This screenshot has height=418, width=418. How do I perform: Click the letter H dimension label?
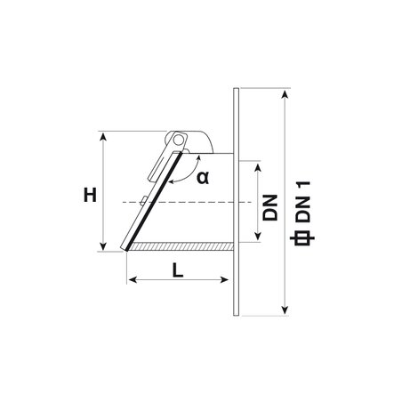point(90,196)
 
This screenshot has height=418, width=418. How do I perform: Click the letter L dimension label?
point(178,270)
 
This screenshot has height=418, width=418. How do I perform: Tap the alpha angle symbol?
point(203,178)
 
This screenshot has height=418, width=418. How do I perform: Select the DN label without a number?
point(270,207)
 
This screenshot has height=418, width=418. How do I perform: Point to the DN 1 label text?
point(302,202)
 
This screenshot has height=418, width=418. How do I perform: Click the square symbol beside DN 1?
point(302,238)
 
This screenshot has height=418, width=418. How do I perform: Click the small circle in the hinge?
point(179,140)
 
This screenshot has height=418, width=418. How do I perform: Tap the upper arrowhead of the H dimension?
point(103,136)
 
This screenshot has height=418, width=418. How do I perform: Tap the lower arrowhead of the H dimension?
point(103,246)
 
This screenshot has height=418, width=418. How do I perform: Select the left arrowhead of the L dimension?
point(133,279)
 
